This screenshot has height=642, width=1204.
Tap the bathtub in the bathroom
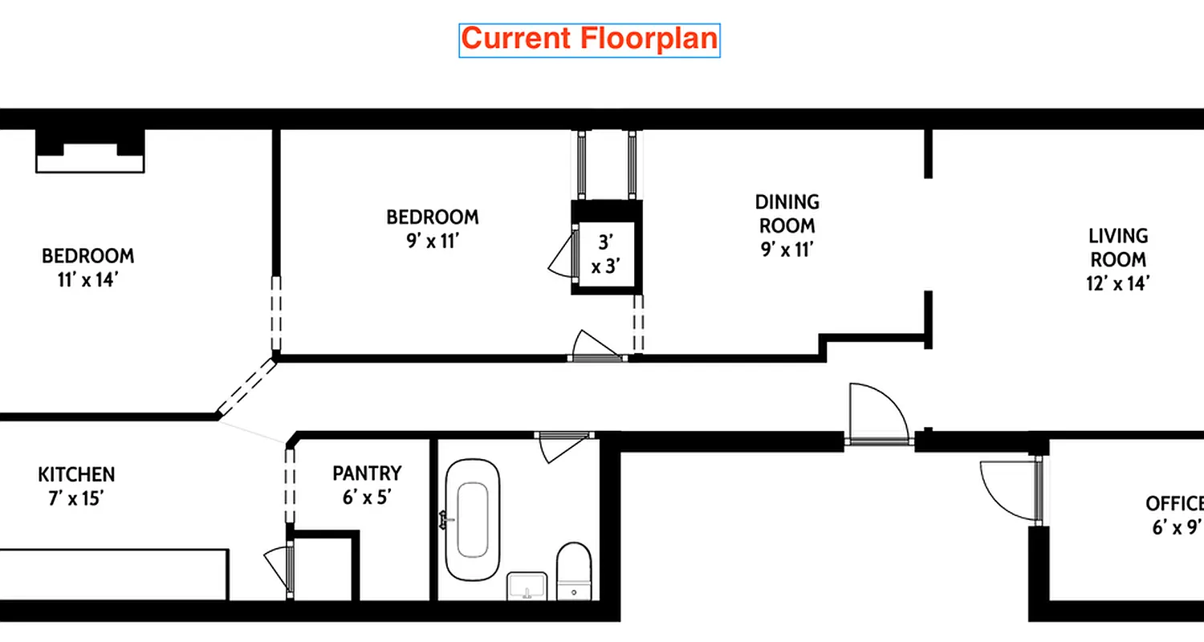point(473,520)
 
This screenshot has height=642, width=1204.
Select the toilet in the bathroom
point(573,569)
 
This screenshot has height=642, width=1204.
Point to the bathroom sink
point(527,586)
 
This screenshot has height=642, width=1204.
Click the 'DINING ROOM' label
point(787,213)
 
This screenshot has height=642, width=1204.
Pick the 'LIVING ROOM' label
point(1118,248)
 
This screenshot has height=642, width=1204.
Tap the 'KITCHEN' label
point(76,474)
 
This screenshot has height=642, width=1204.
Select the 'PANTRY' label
point(367,473)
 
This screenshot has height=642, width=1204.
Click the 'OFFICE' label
point(1173,504)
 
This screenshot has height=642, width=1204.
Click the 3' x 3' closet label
point(607,254)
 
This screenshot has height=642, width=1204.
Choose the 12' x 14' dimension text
point(1118,282)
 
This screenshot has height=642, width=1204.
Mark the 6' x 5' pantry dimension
point(367,498)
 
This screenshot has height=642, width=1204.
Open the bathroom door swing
point(562,446)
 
